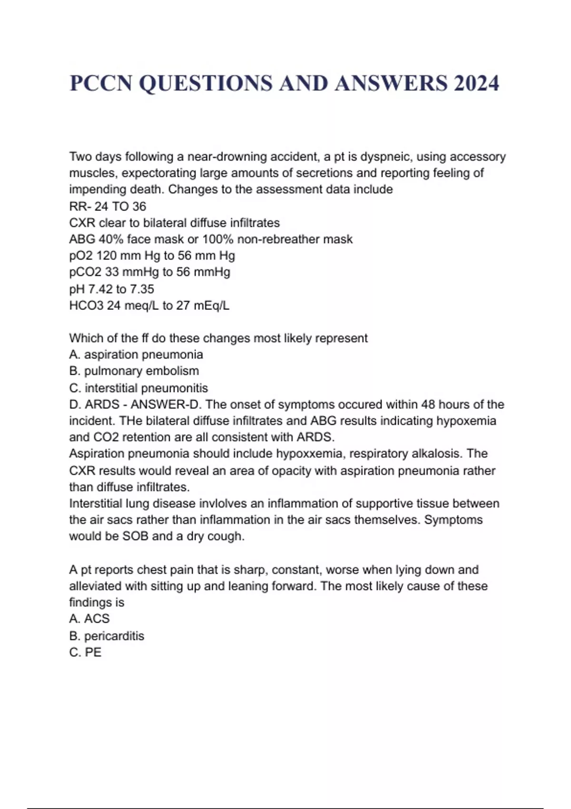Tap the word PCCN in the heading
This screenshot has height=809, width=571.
click(x=100, y=83)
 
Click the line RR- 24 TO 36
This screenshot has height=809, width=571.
click(x=108, y=207)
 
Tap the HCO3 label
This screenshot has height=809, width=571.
click(x=86, y=306)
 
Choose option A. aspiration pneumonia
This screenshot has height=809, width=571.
click(x=136, y=355)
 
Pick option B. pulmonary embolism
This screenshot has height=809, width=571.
click(x=134, y=371)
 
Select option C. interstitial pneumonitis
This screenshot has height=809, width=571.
click(x=138, y=388)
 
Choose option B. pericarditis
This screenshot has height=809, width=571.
click(x=107, y=636)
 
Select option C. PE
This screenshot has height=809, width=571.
click(x=85, y=652)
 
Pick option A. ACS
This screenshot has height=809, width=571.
click(x=89, y=619)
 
